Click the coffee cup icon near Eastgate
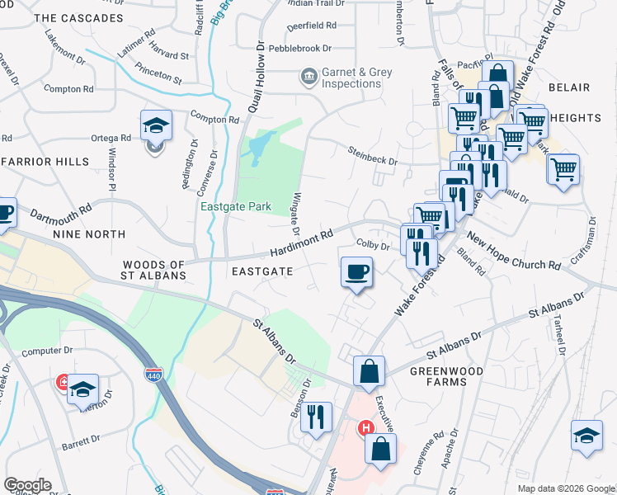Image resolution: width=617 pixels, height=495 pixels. [x=356, y=272]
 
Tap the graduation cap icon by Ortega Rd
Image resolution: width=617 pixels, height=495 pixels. [x=156, y=126]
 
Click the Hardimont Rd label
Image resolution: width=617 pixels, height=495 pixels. [x=304, y=241]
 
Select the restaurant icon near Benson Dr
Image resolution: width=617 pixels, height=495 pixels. [x=316, y=417]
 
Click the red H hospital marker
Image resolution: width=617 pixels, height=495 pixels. [x=365, y=428]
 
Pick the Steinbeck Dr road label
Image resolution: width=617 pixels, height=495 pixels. [x=373, y=155]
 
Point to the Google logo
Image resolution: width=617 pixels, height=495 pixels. [x=27, y=485]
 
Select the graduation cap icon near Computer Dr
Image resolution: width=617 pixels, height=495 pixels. [x=82, y=389]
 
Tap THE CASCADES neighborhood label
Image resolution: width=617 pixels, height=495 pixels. [x=79, y=17]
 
